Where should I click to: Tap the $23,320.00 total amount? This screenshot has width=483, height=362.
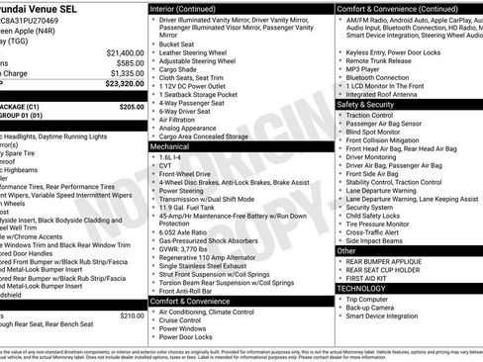120,84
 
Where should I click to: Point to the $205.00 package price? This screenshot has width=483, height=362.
131,105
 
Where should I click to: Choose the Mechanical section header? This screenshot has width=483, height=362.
169,145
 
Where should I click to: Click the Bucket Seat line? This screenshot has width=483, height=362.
176,44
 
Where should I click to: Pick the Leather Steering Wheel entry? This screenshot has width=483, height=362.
196,52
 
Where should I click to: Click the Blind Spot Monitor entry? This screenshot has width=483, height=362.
377,132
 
